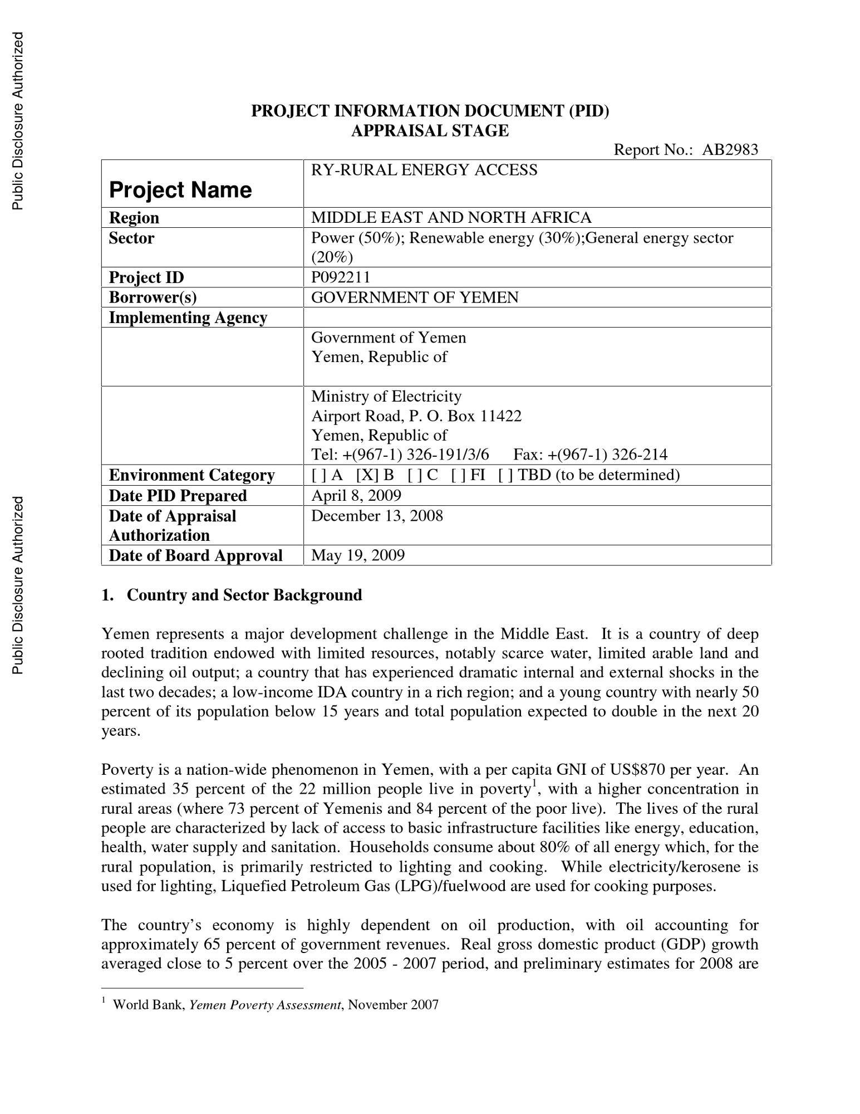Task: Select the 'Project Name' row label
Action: tap(180, 190)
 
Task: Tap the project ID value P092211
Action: tap(340, 277)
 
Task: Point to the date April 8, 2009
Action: tap(356, 495)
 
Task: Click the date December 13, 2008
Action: tap(377, 516)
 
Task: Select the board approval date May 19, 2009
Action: tap(358, 555)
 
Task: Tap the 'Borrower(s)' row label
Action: tap(153, 297)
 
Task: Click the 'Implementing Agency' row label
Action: tap(188, 317)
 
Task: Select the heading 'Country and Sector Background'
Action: tap(244, 595)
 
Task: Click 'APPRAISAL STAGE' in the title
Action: tap(430, 131)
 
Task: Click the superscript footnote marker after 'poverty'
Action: tap(533, 784)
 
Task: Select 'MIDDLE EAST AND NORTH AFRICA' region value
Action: tap(451, 217)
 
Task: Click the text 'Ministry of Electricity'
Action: tap(386, 397)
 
